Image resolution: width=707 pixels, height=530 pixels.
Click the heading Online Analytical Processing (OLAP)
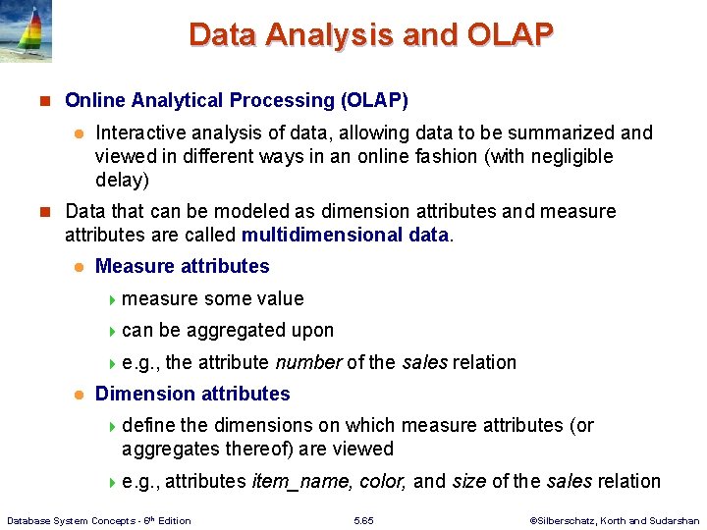(236, 100)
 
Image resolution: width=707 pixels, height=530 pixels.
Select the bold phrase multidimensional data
(345, 235)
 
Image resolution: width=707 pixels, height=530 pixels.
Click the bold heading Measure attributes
(182, 266)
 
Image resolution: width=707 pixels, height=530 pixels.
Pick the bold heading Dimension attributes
(192, 394)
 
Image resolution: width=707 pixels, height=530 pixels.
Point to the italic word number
(308, 362)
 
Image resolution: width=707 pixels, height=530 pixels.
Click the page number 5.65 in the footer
(362, 520)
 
